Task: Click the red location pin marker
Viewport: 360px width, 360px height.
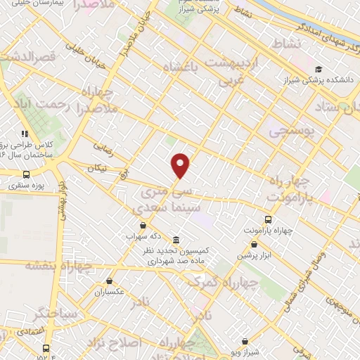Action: (181, 166)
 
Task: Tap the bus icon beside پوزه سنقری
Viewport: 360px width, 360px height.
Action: (26, 174)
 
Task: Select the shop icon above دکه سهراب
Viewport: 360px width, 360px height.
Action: (143, 224)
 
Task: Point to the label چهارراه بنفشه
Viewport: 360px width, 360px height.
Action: (59, 265)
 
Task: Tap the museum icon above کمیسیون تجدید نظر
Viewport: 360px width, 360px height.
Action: (174, 238)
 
